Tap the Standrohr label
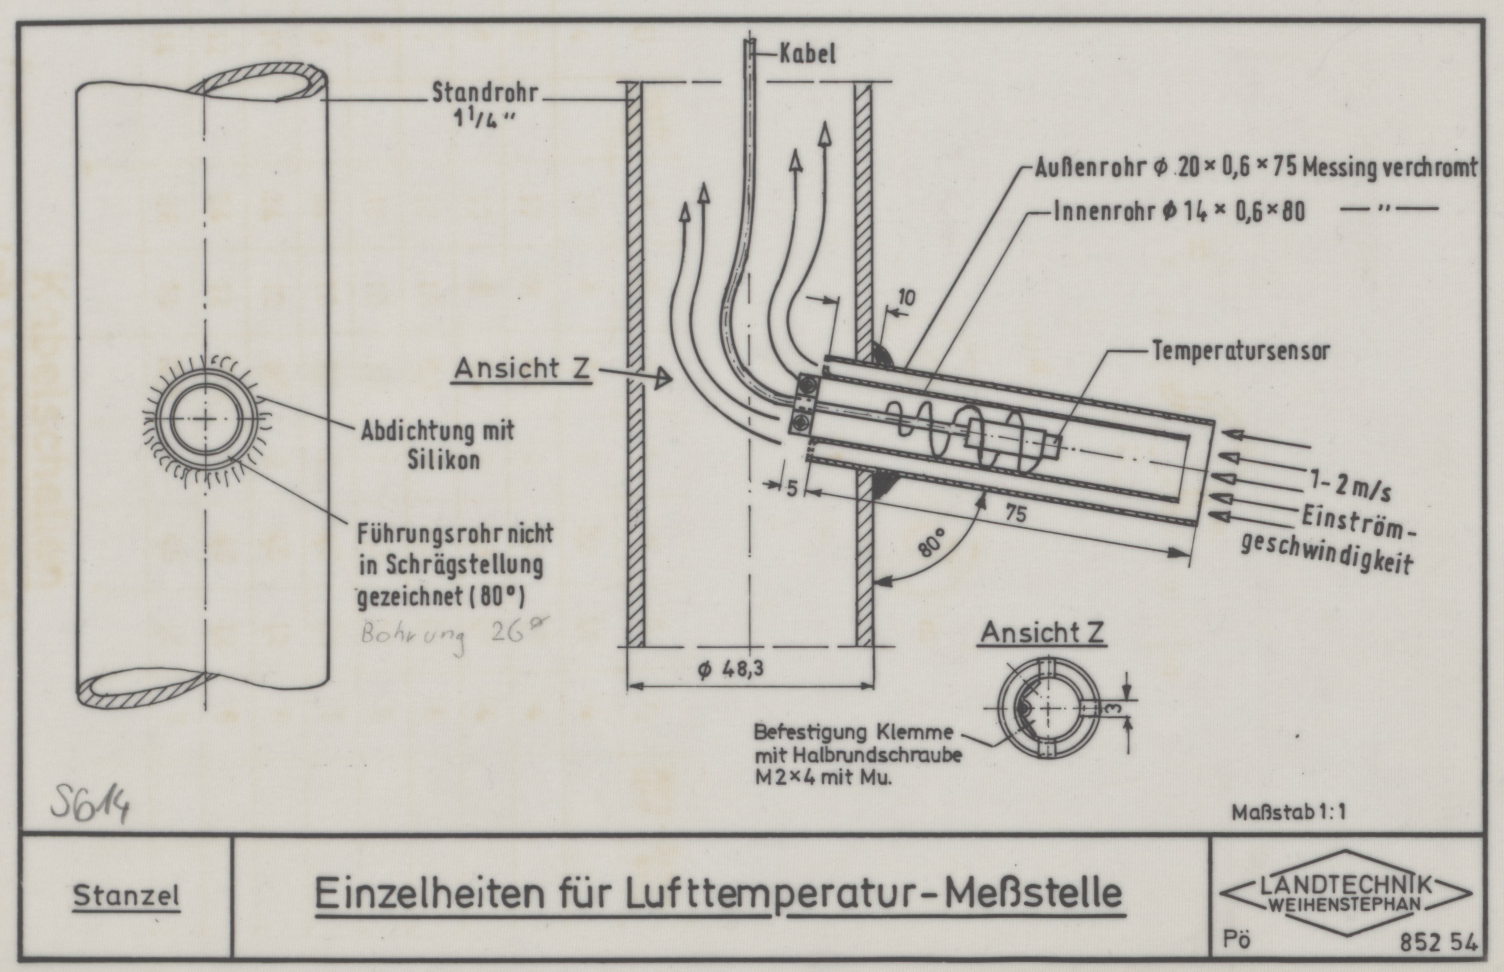point(485,94)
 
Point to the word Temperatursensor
point(1241,351)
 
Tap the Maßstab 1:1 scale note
point(1289,812)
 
